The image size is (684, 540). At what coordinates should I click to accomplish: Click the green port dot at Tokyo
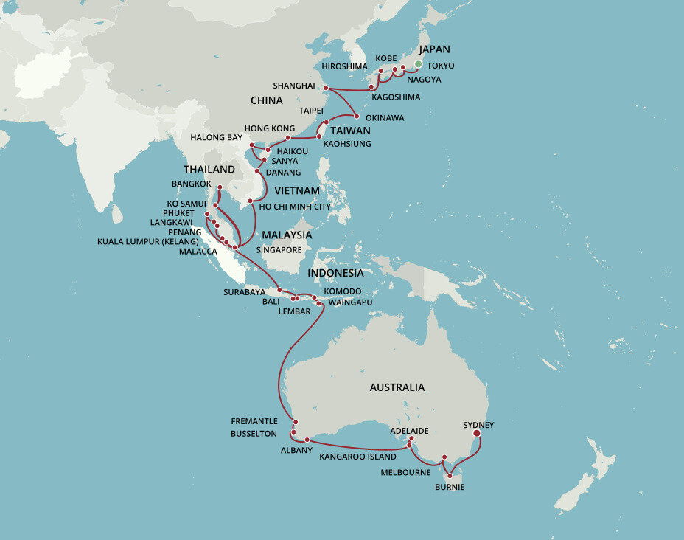418,65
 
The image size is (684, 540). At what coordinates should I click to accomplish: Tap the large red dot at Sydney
476,434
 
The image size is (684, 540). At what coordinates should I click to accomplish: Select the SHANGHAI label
294,86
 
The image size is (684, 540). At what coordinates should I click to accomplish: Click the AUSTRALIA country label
397,387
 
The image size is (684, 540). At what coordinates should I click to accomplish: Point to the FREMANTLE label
254,421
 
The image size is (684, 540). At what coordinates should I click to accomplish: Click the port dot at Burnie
450,476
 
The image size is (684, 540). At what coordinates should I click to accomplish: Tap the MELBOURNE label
405,472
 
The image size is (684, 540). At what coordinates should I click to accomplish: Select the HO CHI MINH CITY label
295,207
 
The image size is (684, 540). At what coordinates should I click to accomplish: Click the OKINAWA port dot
357,116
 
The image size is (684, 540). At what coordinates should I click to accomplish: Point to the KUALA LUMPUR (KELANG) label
148,241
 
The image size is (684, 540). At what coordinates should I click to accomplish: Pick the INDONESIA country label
335,273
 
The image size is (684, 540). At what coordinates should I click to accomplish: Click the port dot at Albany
307,440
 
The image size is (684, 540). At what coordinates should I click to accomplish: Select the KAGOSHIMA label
396,97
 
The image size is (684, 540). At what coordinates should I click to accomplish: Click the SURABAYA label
244,292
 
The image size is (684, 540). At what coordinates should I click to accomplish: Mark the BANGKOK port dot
220,187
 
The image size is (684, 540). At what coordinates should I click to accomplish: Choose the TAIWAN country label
350,130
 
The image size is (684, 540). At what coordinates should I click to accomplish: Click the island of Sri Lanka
117,214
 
